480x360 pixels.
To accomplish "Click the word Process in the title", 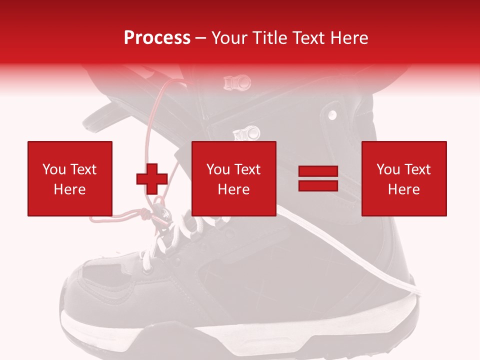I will (157, 38).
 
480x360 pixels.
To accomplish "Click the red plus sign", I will (152, 179).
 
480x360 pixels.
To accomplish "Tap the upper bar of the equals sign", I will (318, 172).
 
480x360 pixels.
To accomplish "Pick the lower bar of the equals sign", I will (318, 185).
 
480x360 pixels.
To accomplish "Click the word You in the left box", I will (53, 169).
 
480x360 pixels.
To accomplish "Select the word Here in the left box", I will (69, 189).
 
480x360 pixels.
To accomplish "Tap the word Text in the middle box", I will (247, 169).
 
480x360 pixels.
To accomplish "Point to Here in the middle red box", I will (233, 189).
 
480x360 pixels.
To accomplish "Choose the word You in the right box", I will (387, 169).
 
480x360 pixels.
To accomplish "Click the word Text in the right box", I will (417, 169).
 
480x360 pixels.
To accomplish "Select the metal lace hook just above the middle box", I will (248, 133).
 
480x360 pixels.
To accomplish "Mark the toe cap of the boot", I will (85, 290).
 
